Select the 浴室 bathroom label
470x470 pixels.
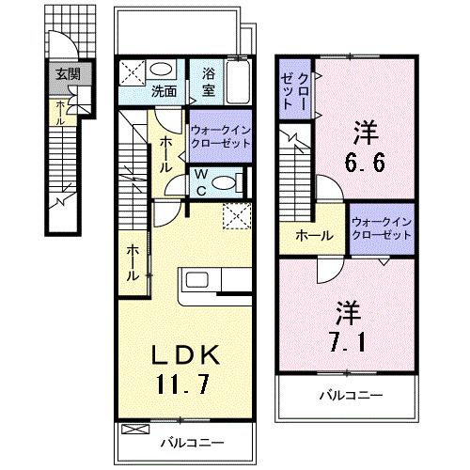click(x=204, y=81)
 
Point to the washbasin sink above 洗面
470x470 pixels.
click(x=162, y=70)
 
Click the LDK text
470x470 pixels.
click(x=186, y=354)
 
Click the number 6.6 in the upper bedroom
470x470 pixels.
click(x=365, y=149)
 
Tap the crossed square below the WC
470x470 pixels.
click(x=235, y=215)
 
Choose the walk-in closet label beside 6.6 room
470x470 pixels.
click(x=382, y=229)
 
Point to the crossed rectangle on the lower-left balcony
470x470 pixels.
click(x=134, y=429)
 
